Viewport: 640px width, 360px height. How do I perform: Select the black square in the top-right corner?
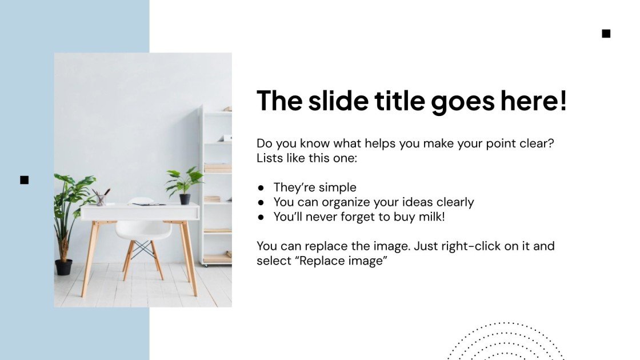[606, 34]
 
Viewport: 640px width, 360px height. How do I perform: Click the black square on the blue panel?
[24, 180]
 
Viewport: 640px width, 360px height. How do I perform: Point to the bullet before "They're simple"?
[261, 187]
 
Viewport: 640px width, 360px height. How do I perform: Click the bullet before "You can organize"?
[261, 202]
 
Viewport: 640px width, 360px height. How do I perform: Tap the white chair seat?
[143, 230]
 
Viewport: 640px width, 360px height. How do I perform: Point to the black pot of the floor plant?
[63, 267]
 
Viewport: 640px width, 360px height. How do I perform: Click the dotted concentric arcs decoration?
[506, 343]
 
